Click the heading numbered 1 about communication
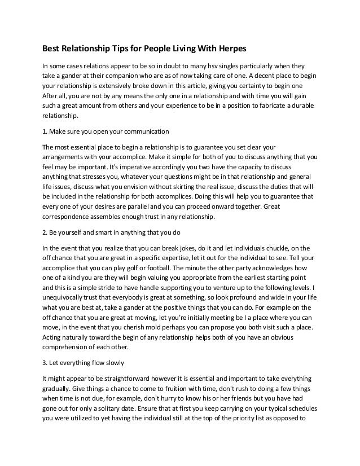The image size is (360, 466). (x=106, y=132)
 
